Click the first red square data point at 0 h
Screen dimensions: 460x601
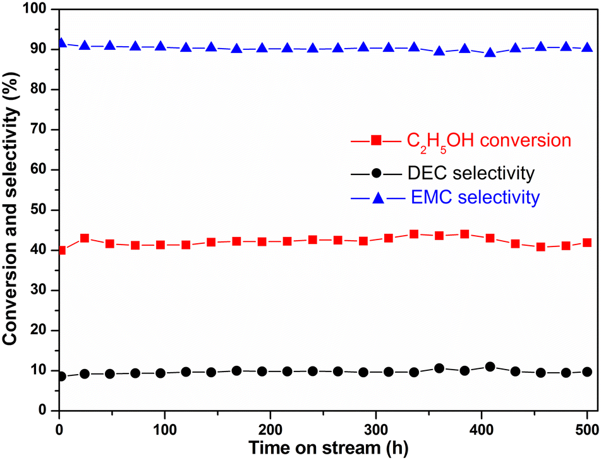[61, 250]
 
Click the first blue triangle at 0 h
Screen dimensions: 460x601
[61, 43]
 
